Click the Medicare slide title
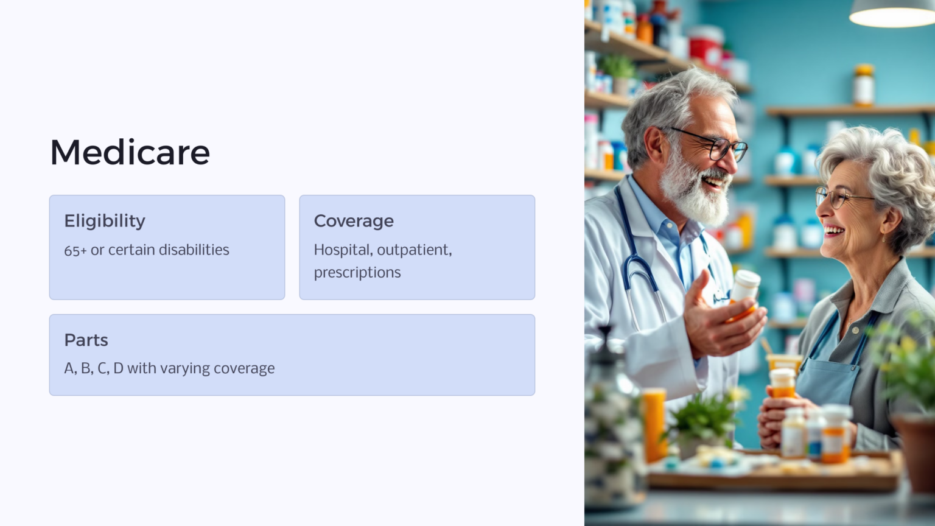(x=130, y=152)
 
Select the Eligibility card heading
(x=105, y=221)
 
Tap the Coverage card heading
(x=354, y=221)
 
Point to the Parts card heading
(x=86, y=340)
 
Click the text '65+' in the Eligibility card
(x=75, y=250)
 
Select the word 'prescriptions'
(x=357, y=272)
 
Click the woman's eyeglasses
(x=837, y=196)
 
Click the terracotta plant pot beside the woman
(x=916, y=451)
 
